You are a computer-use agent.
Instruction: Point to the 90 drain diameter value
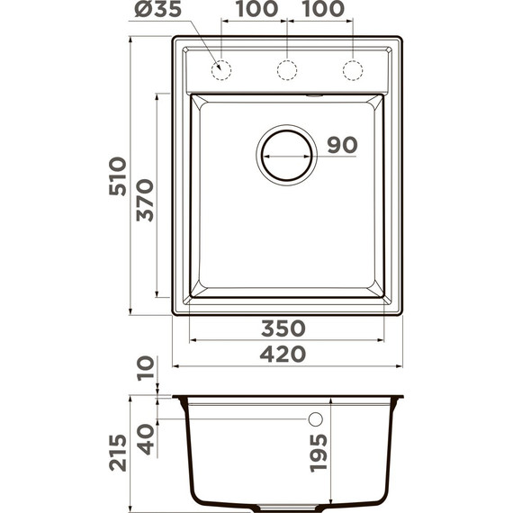[x=342, y=146]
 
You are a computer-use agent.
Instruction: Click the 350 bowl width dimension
[x=283, y=328]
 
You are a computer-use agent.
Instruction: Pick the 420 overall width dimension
[x=283, y=355]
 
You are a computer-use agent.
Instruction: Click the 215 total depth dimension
[x=118, y=453]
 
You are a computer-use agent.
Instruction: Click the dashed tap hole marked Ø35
[x=220, y=69]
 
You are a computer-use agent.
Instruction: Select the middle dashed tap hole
[x=286, y=69]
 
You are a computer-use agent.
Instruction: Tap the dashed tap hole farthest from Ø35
[x=353, y=69]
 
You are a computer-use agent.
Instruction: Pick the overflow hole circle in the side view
[x=315, y=419]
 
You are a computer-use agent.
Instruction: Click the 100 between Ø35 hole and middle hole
[x=254, y=11]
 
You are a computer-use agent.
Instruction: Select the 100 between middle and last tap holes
[x=319, y=11]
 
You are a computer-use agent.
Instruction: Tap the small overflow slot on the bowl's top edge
[x=313, y=94]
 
